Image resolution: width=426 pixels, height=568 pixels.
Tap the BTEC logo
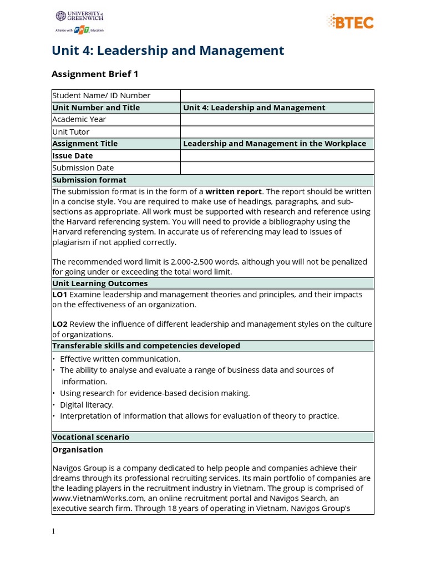tap(351, 22)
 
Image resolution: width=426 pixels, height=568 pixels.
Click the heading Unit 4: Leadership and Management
tap(168, 51)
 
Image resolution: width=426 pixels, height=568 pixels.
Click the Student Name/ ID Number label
tap(102, 95)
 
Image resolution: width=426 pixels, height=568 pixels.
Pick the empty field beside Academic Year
tap(277, 119)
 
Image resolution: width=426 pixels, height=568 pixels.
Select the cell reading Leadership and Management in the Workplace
tap(275, 144)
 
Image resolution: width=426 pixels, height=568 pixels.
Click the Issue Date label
tap(73, 156)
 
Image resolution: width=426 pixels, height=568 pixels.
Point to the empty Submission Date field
tap(277, 168)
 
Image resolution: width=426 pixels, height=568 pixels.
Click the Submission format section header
tap(89, 180)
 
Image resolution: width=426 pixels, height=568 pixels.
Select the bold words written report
tap(234, 191)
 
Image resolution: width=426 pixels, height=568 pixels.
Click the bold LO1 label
tap(60, 295)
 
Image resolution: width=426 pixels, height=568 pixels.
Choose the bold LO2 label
tap(60, 324)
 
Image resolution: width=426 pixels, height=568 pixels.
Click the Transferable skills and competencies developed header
tap(146, 346)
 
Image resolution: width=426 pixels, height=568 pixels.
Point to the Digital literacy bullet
tap(87, 404)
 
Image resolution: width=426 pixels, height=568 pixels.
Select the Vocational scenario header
tap(91, 437)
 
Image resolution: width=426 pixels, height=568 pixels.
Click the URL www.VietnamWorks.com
tap(96, 498)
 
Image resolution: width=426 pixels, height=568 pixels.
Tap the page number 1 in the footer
tap(53, 531)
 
